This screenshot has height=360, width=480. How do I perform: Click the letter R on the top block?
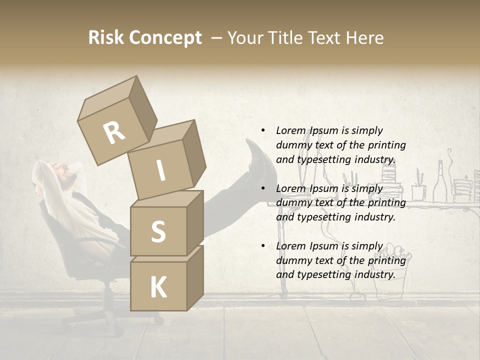tap(114, 133)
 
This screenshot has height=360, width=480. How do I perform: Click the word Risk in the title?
tap(107, 38)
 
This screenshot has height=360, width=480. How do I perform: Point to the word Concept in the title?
tap(166, 38)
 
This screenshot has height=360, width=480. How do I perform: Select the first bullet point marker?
tap(263, 130)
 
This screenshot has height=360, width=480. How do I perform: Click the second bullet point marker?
tap(263, 188)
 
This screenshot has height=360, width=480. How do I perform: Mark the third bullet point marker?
tap(263, 246)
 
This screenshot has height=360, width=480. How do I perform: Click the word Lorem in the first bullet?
tap(291, 130)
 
